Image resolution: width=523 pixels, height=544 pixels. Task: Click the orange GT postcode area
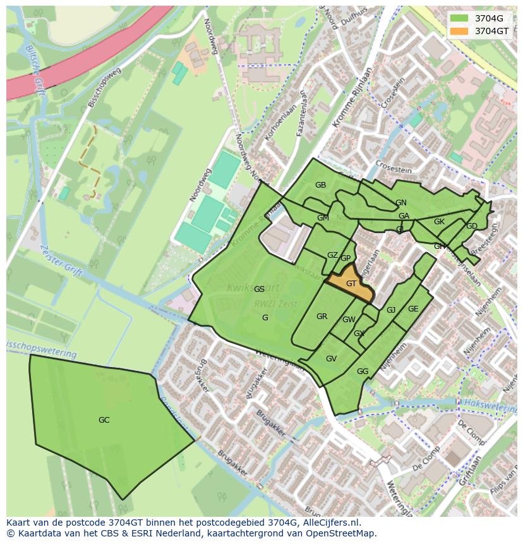[x=351, y=284]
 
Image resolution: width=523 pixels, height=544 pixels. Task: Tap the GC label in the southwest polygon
[x=104, y=420]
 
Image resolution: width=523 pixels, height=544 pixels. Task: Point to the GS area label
[x=259, y=289]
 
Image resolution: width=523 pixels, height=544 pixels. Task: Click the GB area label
[x=320, y=185]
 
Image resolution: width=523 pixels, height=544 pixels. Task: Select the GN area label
[x=401, y=203]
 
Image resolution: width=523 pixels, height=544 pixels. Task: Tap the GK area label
[x=439, y=222]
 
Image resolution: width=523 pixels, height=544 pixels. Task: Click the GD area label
[x=471, y=226]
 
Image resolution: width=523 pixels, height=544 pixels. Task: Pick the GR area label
[x=322, y=317]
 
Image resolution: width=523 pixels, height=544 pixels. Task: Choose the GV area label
[x=331, y=359]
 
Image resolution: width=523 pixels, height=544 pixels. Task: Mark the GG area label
[x=362, y=372]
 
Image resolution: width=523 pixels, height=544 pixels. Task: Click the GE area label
[x=413, y=309]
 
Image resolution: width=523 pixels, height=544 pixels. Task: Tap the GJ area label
[x=391, y=310]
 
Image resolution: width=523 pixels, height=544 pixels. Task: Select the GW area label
[x=349, y=320]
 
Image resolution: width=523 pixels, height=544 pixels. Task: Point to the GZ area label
[x=332, y=255]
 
